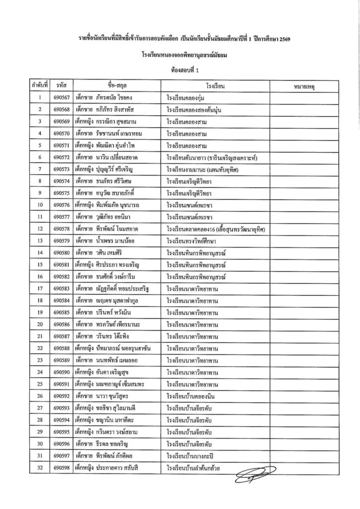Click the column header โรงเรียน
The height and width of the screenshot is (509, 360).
click(x=214, y=86)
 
